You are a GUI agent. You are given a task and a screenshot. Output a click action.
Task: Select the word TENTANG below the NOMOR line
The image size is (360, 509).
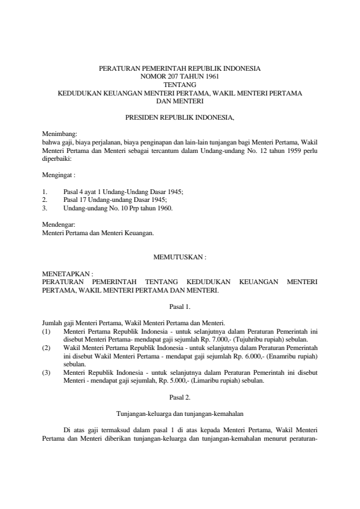[180, 85]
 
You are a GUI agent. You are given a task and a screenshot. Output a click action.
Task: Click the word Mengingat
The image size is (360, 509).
[57, 174]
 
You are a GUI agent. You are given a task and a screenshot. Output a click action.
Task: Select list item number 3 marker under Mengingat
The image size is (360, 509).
[45, 208]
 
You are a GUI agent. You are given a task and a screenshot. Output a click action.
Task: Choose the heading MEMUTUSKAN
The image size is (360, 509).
[180, 257]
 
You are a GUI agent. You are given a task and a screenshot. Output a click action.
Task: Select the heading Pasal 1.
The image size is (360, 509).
[180, 306]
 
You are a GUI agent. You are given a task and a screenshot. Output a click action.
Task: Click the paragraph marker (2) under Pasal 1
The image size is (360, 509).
[46, 348]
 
